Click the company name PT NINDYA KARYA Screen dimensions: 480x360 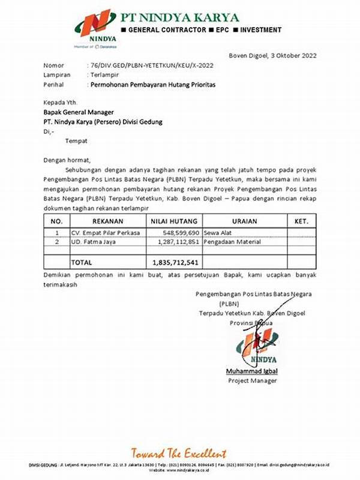[x=180, y=17]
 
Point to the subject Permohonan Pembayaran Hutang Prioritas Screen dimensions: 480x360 [x=152, y=85]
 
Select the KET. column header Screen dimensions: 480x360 [x=301, y=221]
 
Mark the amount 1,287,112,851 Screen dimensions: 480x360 [x=178, y=242]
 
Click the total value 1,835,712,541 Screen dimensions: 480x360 [x=176, y=262]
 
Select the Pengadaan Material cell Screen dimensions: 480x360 [x=234, y=242]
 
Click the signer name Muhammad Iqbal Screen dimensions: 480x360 [x=252, y=371]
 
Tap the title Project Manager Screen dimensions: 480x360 [x=252, y=380]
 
